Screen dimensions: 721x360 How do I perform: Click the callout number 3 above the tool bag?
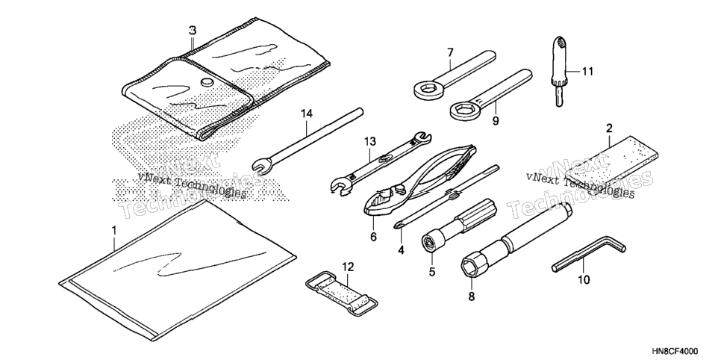click(x=193, y=31)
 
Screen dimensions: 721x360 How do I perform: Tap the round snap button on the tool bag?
click(x=207, y=83)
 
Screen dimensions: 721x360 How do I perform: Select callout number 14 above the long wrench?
click(x=307, y=114)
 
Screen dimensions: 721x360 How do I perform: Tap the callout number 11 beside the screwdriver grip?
click(x=587, y=72)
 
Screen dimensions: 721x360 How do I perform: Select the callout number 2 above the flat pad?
click(x=609, y=128)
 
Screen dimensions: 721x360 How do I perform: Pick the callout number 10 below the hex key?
click(x=584, y=279)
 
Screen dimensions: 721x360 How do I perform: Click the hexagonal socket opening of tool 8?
click(x=471, y=267)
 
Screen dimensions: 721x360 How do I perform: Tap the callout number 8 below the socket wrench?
click(x=471, y=297)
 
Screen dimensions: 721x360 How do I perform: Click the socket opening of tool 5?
click(x=429, y=242)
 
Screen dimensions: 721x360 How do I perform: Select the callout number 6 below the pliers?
click(x=373, y=237)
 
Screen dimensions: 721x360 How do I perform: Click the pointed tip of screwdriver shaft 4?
click(x=396, y=226)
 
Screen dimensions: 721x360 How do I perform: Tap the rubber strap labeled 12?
click(x=342, y=294)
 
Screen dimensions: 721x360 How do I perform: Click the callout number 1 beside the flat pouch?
click(x=114, y=229)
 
